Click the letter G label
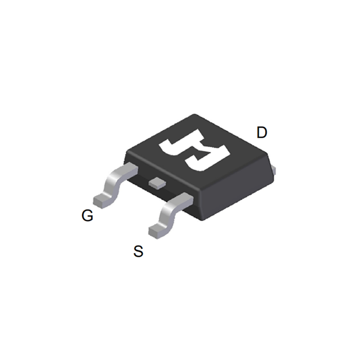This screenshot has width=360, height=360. click(x=87, y=216)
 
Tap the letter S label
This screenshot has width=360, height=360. click(x=138, y=251)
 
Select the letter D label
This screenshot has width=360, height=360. click(x=262, y=132)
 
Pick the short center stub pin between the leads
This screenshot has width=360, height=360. click(x=156, y=182)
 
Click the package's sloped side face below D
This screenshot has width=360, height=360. click(x=240, y=192)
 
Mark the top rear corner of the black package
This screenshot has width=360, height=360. click(x=196, y=115)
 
